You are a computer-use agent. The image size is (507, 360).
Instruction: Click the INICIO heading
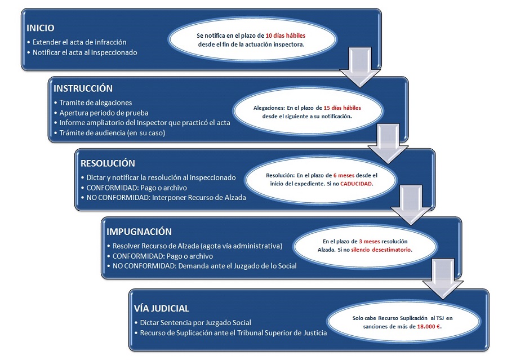(x=41, y=28)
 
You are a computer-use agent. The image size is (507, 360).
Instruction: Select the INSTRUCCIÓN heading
(x=83, y=88)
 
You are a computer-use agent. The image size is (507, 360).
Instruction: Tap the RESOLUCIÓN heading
(x=108, y=163)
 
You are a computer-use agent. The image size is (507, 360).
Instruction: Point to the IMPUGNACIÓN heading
(x=139, y=232)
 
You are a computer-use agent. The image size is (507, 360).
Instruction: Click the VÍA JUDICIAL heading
(x=161, y=308)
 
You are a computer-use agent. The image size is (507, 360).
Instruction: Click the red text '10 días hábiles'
(x=286, y=35)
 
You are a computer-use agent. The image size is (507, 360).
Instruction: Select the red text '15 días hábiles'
(x=342, y=108)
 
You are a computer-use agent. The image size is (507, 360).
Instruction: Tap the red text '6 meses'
(x=344, y=175)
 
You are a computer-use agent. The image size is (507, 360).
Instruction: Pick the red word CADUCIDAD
(x=356, y=184)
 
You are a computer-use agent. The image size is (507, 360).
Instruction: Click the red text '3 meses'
(x=370, y=241)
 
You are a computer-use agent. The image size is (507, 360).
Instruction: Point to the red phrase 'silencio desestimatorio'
(x=381, y=250)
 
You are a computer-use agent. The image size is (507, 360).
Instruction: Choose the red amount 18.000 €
(x=429, y=326)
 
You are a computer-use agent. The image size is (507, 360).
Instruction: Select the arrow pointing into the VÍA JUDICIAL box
(x=443, y=279)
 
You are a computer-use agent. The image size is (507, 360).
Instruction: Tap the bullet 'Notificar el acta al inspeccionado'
(x=84, y=52)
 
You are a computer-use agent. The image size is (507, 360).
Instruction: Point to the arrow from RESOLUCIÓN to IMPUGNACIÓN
(x=411, y=205)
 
